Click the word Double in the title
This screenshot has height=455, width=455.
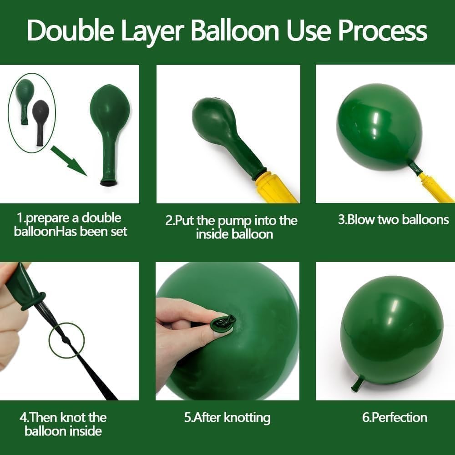point(70,30)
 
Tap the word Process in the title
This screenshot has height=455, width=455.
point(383,30)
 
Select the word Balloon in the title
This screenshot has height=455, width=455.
point(235,30)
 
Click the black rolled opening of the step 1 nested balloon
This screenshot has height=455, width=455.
point(109,182)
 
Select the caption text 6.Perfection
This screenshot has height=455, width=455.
point(394,418)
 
